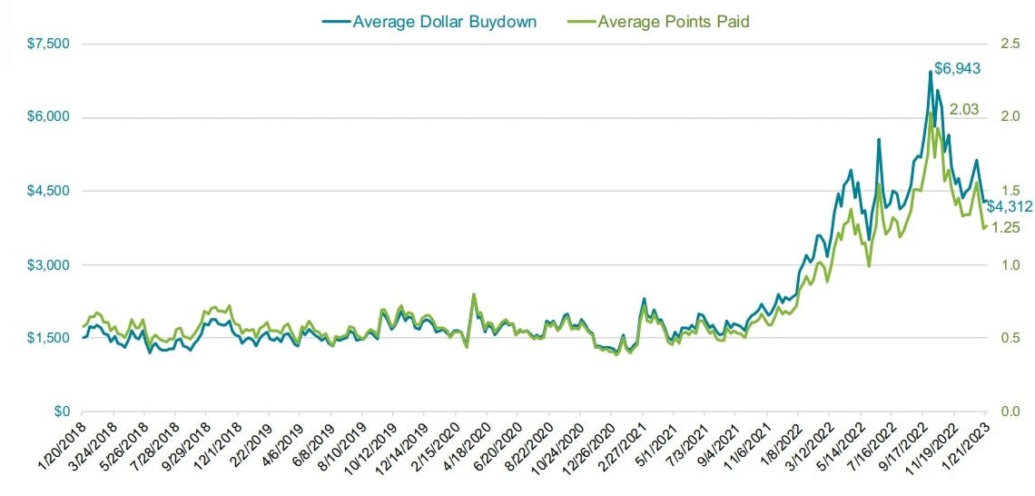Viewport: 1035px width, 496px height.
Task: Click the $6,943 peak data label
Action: pos(958,69)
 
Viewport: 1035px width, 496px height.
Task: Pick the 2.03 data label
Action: pos(964,110)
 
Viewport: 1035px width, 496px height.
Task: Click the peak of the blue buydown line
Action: pos(931,72)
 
